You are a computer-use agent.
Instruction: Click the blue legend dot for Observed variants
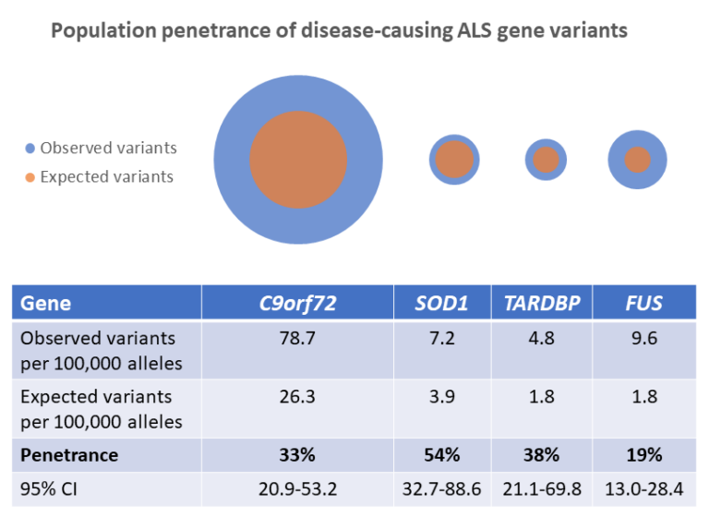click(31, 148)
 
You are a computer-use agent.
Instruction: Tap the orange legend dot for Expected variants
click(31, 177)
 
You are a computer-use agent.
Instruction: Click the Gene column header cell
click(46, 303)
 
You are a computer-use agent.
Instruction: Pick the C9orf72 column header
click(297, 303)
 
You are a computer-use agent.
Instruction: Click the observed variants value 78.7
click(297, 339)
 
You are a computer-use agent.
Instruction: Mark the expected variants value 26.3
click(297, 397)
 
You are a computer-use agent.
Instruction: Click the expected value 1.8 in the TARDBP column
click(542, 397)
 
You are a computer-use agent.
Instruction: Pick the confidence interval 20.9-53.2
click(297, 488)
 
